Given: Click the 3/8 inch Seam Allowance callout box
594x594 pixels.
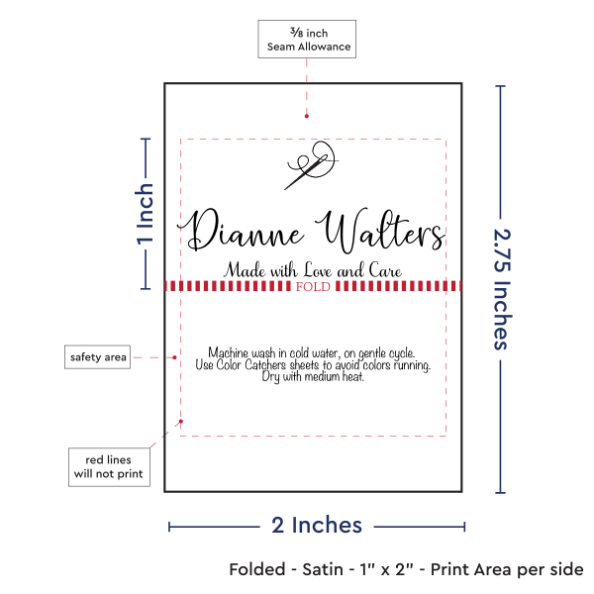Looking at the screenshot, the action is [x=307, y=39].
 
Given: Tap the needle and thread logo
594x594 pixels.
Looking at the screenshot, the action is [x=312, y=165].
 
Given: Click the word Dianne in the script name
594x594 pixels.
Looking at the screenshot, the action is [x=241, y=230].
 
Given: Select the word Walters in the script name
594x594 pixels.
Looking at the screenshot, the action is [x=380, y=231].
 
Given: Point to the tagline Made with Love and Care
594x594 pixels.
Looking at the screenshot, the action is [x=313, y=269].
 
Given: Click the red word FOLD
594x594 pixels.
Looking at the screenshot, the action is [x=313, y=286].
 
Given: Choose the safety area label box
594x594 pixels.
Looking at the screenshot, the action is [x=97, y=356].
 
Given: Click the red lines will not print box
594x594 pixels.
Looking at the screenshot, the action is [x=109, y=467].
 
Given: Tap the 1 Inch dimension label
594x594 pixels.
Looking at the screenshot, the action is [x=146, y=214].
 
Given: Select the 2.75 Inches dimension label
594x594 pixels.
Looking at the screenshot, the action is [x=502, y=289].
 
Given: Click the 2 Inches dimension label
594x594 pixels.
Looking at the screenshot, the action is [x=317, y=526].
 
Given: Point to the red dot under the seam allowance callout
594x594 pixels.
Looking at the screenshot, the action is [x=307, y=116].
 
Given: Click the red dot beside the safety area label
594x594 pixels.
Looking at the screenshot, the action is [x=174, y=357].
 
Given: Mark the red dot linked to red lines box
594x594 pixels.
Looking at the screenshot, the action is [x=181, y=422].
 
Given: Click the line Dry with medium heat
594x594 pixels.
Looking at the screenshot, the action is [x=313, y=376].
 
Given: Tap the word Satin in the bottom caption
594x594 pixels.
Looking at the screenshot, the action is [x=323, y=569].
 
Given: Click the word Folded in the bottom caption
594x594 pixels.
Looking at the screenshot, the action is [x=257, y=569].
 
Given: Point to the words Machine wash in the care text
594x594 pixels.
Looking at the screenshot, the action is [x=242, y=352].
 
